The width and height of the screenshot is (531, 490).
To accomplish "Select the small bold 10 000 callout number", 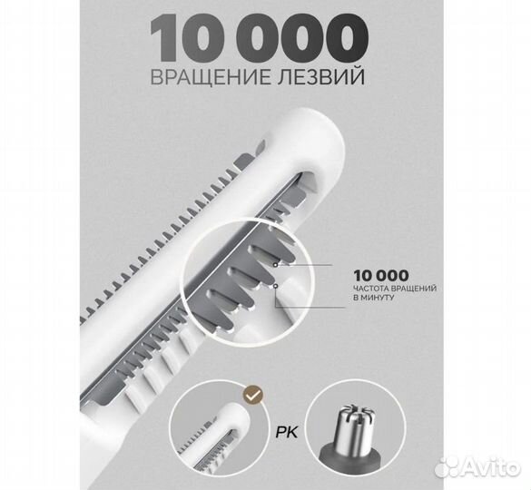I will tap(379, 275).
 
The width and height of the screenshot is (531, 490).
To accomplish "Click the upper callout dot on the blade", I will tap(272, 266).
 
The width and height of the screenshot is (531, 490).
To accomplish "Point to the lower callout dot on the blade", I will tap(274, 286).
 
